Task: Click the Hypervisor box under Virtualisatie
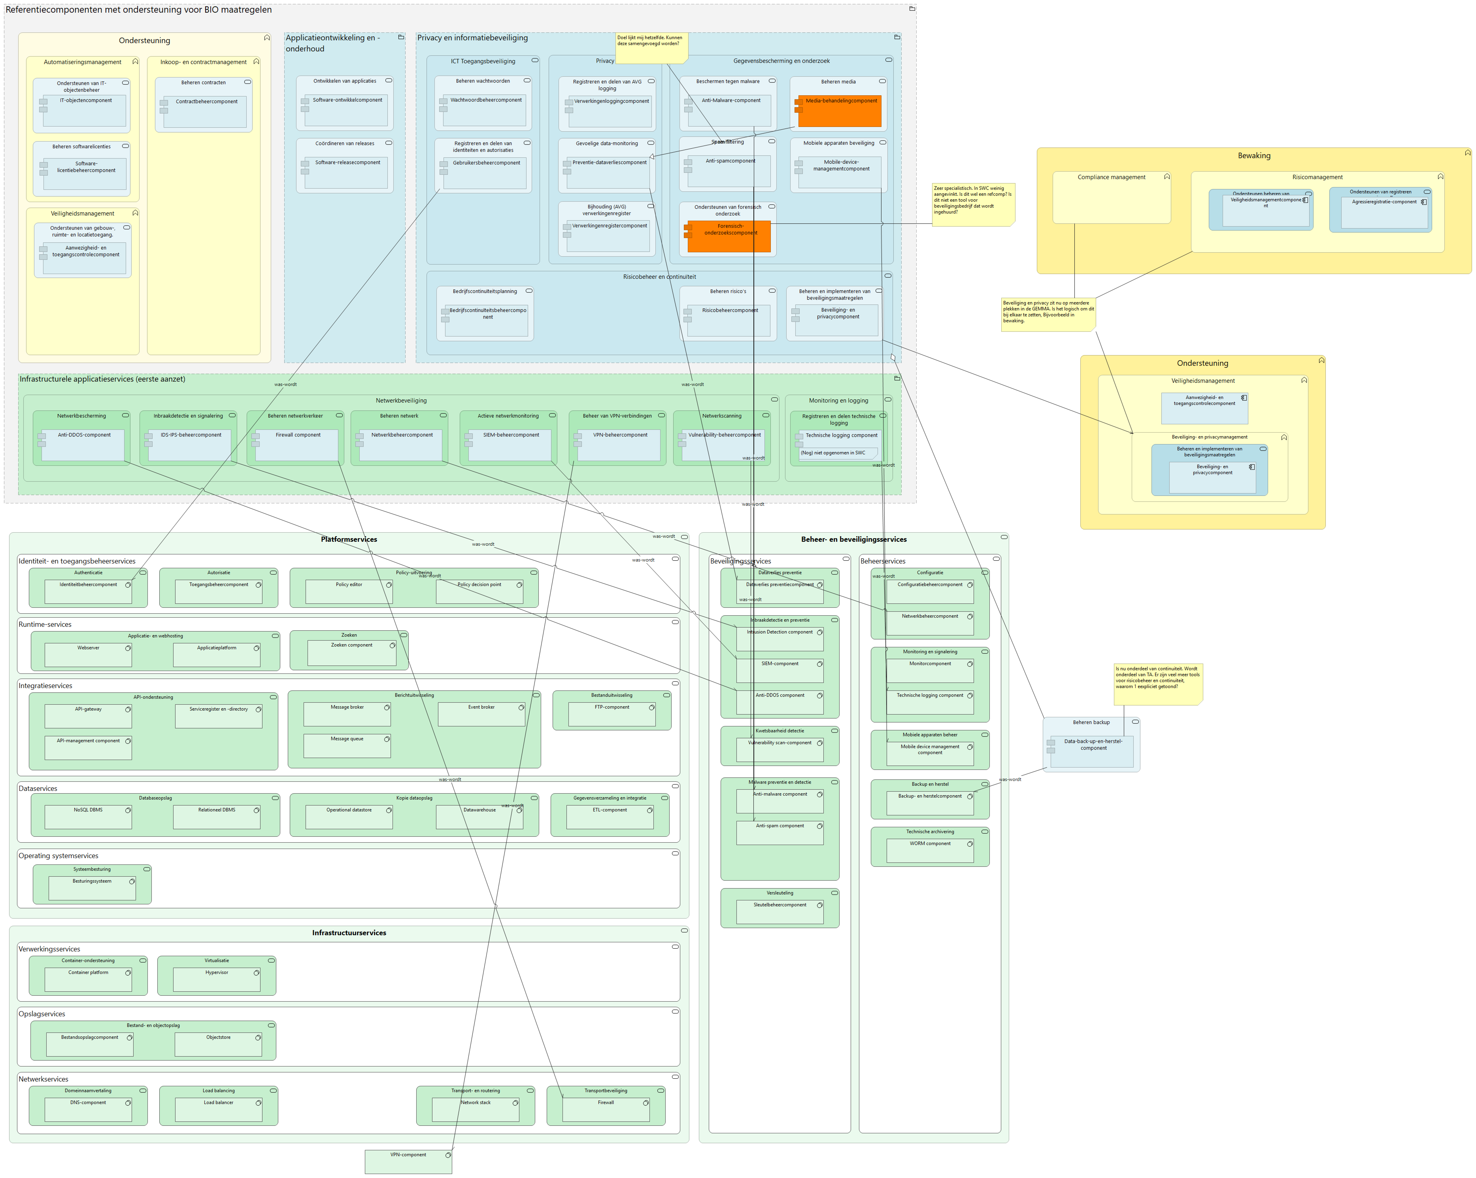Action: click(216, 979)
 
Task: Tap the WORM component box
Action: click(930, 851)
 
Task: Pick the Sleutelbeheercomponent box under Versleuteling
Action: click(780, 912)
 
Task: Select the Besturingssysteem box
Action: click(92, 888)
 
